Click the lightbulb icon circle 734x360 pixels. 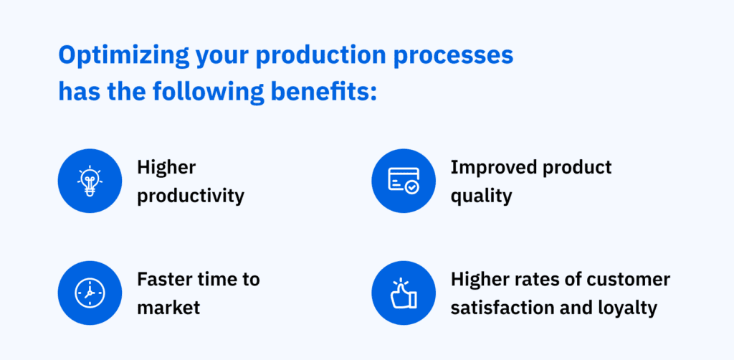tap(90, 181)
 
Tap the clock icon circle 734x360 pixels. tap(90, 293)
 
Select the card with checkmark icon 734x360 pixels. tap(404, 181)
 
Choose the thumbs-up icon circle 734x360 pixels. tap(404, 293)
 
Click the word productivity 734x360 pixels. tap(191, 196)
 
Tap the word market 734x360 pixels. tap(168, 308)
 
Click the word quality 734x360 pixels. tap(481, 196)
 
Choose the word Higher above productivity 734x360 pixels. tap(166, 167)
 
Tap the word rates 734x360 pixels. tap(528, 279)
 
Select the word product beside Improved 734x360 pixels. tap(578, 167)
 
